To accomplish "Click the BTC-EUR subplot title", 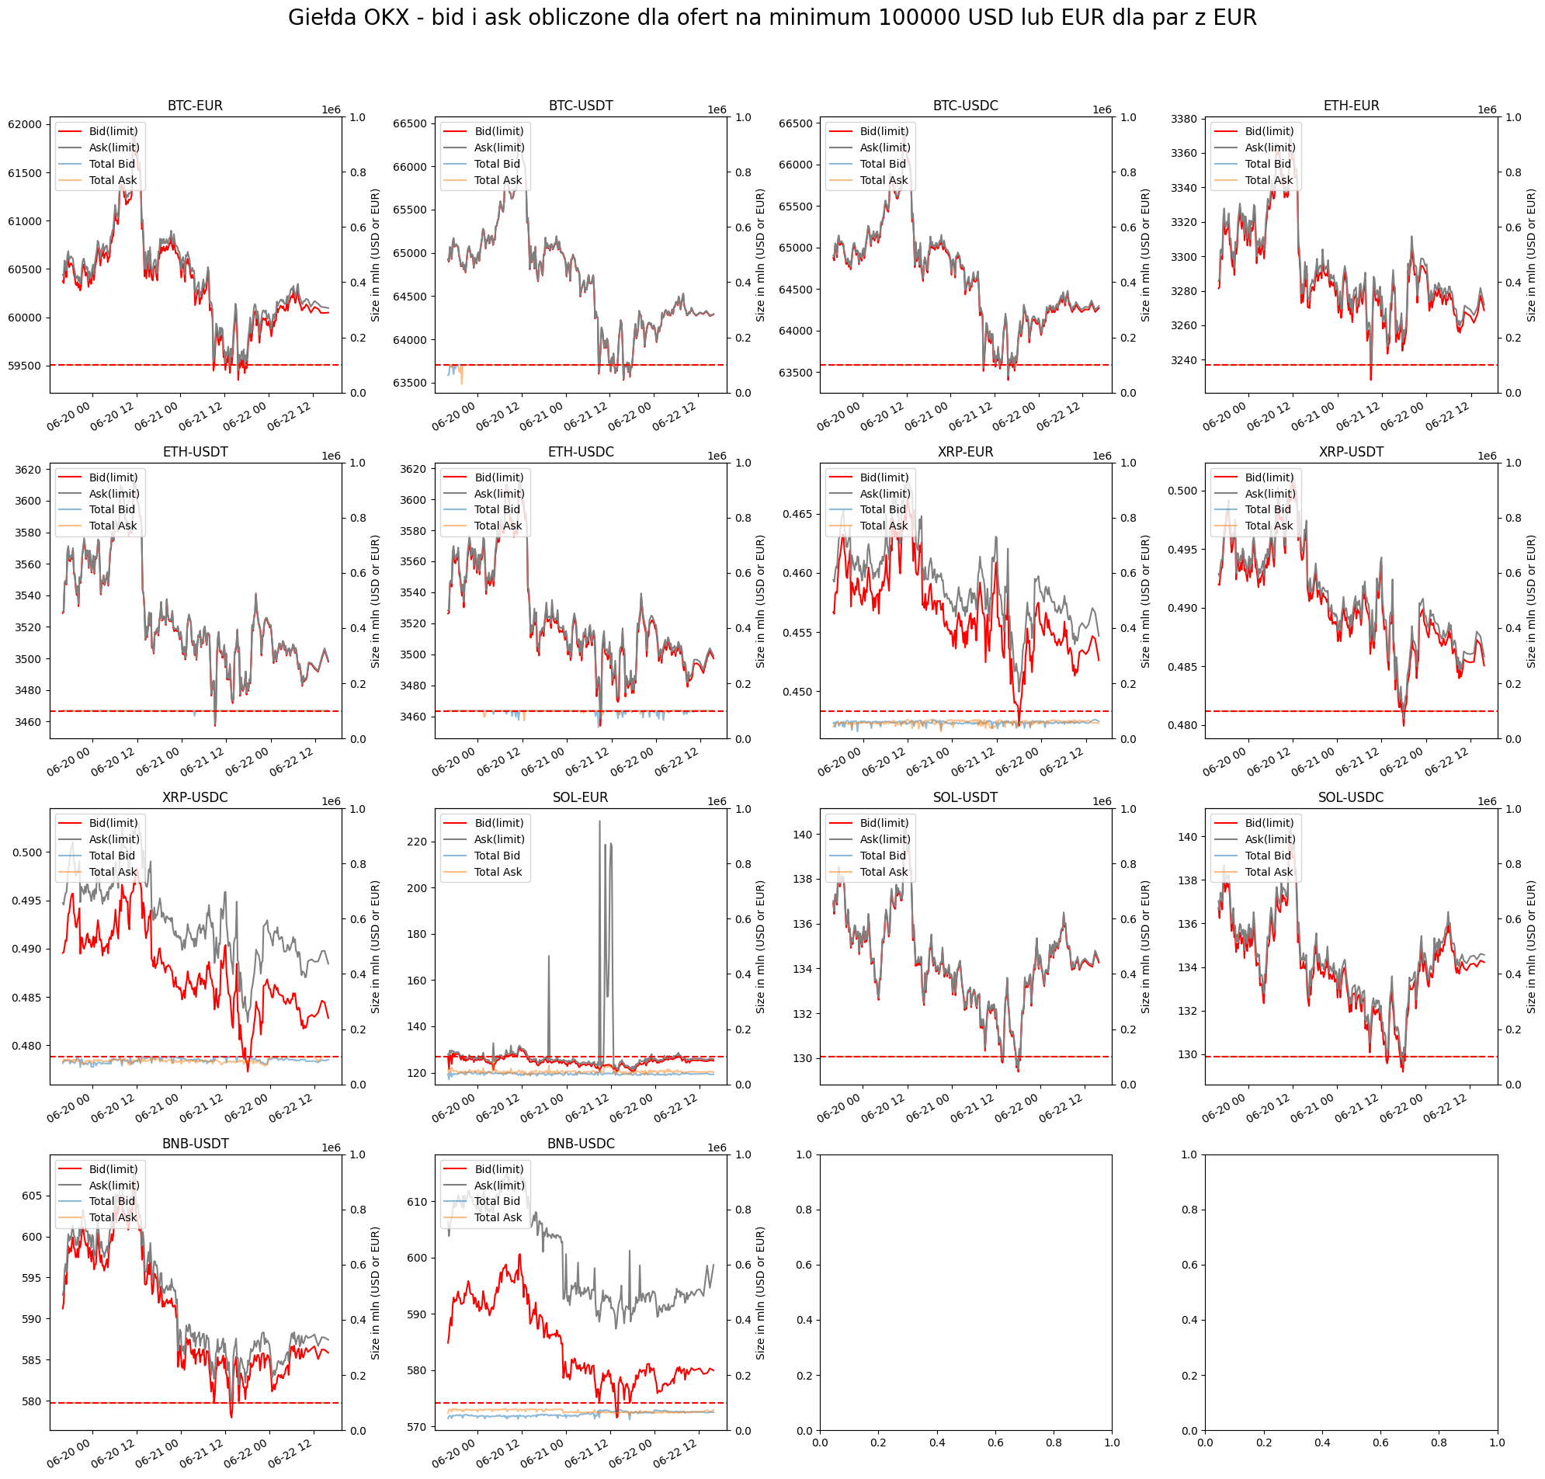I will pyautogui.click(x=195, y=106).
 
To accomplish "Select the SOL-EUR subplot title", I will pyautogui.click(x=580, y=798).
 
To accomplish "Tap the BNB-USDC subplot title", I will pyautogui.click(x=580, y=1144).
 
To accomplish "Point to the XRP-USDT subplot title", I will pyautogui.click(x=1351, y=453).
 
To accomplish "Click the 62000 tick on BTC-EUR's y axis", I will pyautogui.click(x=26, y=124).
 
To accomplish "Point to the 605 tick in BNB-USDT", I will pyautogui.click(x=33, y=1196).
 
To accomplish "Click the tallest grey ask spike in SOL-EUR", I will pyautogui.click(x=599, y=821).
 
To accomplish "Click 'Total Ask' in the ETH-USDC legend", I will pyautogui.click(x=498, y=526).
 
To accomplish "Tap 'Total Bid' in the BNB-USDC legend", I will pyautogui.click(x=498, y=1202).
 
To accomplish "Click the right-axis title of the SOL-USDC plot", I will pyautogui.click(x=1531, y=947).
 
